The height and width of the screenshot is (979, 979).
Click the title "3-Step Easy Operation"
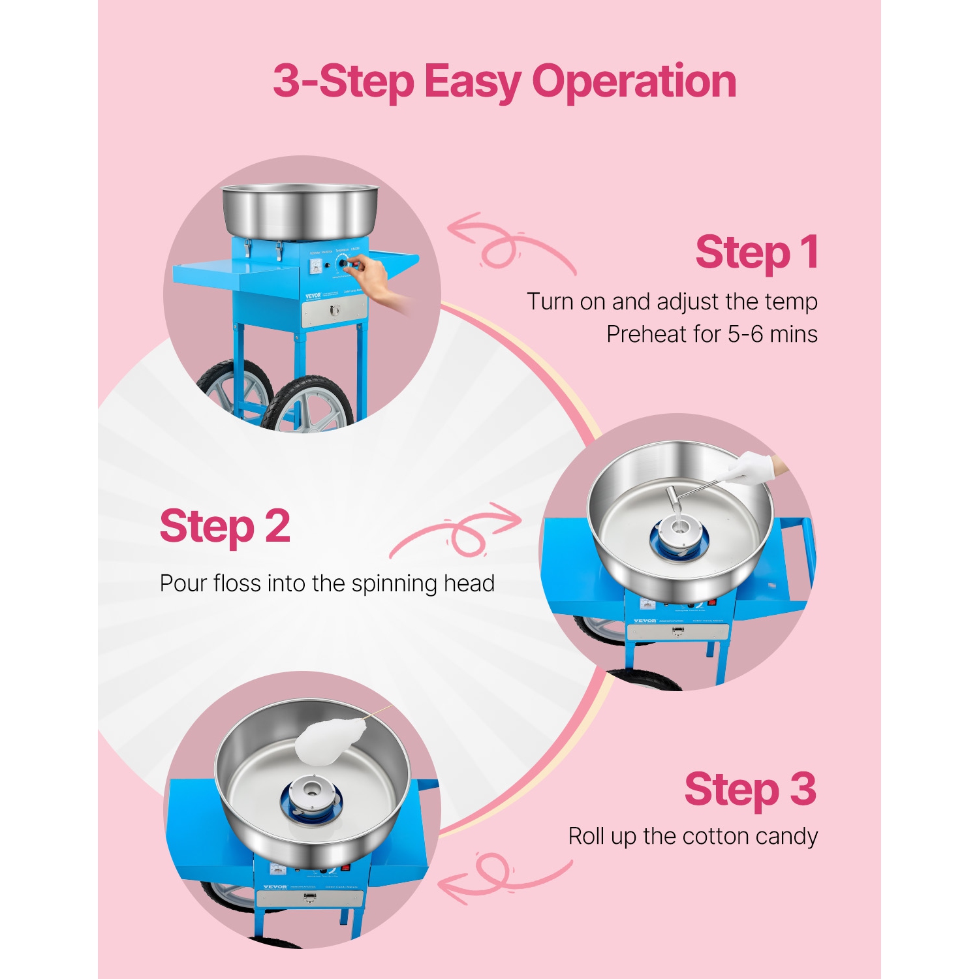(x=504, y=82)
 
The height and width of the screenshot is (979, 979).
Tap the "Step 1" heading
(x=756, y=253)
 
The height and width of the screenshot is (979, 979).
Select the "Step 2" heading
(x=225, y=527)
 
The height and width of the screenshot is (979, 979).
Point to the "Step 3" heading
(x=750, y=790)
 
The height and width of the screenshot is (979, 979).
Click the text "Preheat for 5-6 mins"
(x=711, y=334)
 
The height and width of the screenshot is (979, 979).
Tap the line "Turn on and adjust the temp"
(x=672, y=302)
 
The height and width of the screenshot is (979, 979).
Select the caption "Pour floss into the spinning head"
(x=327, y=583)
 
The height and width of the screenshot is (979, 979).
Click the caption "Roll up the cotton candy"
(x=692, y=836)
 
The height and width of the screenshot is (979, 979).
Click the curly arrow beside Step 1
(x=509, y=245)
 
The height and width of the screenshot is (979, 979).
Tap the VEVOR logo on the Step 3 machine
(x=275, y=887)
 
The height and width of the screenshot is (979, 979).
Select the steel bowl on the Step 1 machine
(x=300, y=210)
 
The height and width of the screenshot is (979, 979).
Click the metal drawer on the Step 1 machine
(x=334, y=311)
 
